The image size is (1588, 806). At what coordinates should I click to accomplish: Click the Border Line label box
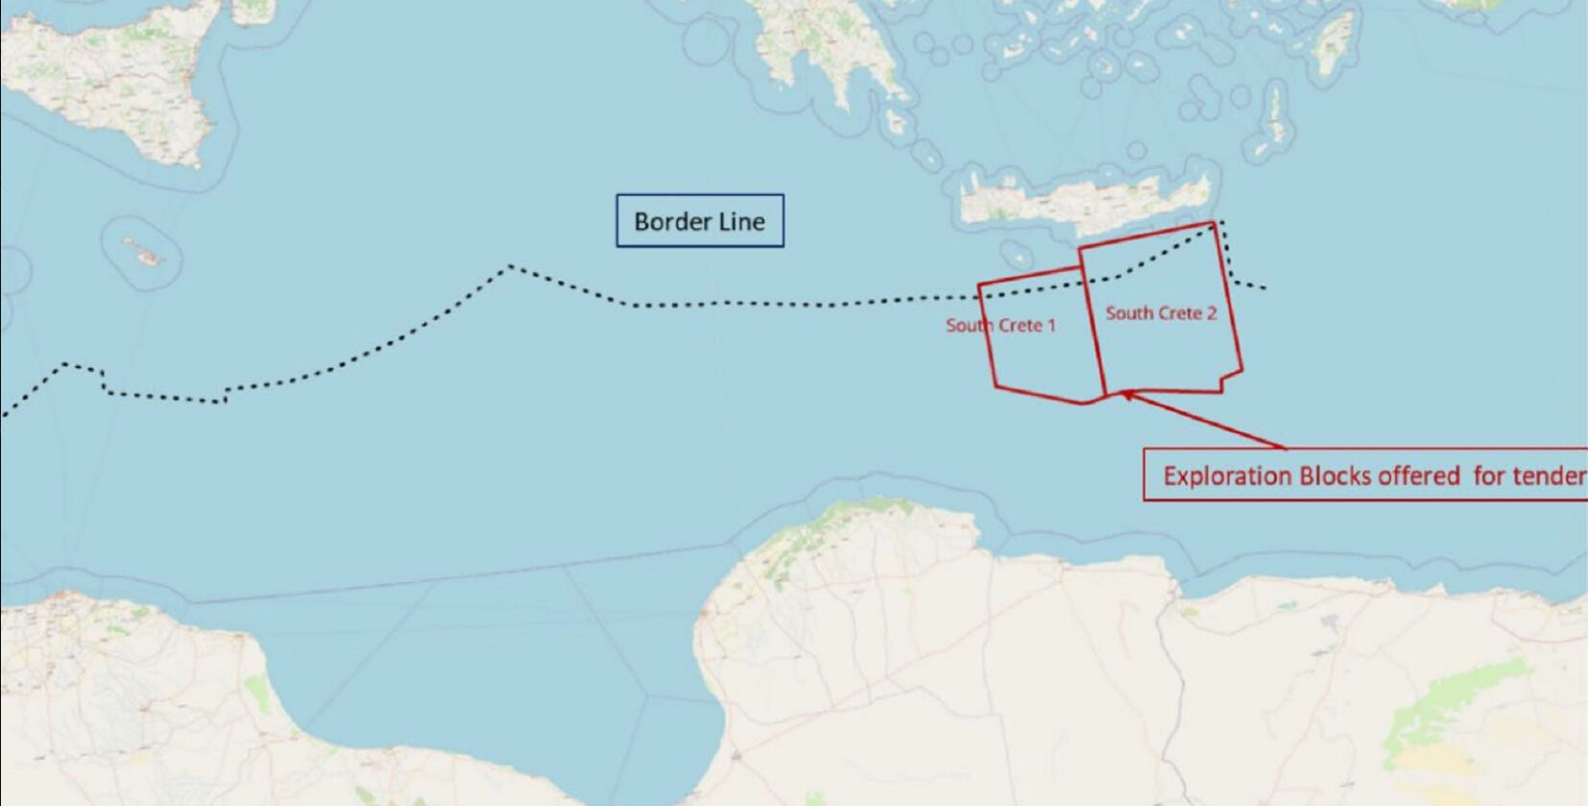699,221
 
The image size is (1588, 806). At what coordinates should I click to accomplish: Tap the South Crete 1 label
1000,326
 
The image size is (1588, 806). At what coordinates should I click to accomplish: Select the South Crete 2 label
1160,313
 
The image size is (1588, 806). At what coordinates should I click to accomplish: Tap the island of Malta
144,255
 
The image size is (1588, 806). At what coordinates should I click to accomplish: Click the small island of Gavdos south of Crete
1016,256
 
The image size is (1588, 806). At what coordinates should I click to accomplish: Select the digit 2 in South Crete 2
1212,313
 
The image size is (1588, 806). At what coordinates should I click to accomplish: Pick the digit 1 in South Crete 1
1051,326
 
